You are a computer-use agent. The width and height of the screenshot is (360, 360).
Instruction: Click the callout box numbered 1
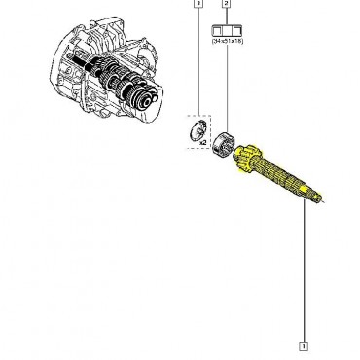click(x=305, y=344)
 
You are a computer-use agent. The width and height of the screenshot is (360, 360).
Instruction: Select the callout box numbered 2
click(x=226, y=5)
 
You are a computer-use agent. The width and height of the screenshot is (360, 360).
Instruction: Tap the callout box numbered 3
click(x=198, y=5)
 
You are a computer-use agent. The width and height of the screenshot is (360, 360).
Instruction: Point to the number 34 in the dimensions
click(x=215, y=43)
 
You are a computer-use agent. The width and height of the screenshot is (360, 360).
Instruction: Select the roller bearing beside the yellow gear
click(x=229, y=145)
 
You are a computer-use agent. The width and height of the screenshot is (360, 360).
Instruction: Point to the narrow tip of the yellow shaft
click(x=317, y=200)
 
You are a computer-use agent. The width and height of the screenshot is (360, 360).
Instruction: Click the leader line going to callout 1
click(x=305, y=272)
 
